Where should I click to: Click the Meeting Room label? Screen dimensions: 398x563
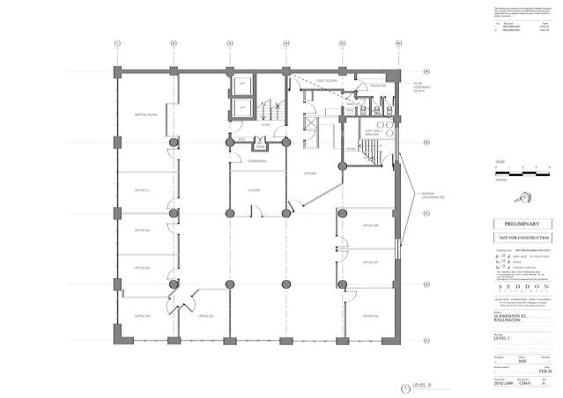tap(145, 114)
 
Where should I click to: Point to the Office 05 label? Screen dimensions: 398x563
tap(206, 314)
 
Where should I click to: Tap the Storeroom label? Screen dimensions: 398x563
tap(257, 162)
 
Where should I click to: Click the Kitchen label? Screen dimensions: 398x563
tap(310, 173)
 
